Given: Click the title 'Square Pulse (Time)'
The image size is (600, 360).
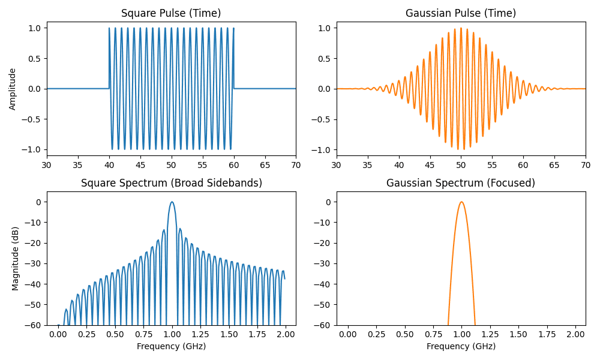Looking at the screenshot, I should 171,13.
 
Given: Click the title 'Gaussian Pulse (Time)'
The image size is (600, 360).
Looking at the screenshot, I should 461,13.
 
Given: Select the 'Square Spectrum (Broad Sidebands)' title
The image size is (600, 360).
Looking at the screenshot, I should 171,183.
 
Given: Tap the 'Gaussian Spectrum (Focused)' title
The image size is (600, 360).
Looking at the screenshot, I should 461,183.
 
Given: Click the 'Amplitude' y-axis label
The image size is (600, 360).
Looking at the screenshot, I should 13,89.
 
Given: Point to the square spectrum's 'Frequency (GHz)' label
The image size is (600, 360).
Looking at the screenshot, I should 171,346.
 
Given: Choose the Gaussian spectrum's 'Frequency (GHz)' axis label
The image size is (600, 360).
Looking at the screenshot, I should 461,346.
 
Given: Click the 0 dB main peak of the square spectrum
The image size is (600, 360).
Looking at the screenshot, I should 172,202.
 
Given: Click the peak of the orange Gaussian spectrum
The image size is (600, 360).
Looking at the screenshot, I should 461,202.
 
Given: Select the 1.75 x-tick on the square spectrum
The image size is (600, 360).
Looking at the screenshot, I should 257,334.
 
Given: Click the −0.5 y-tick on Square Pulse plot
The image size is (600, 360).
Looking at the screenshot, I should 31,119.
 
